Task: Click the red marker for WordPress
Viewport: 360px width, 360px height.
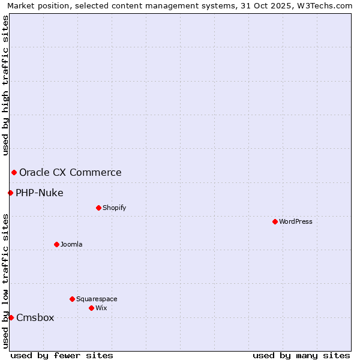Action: [x=275, y=221]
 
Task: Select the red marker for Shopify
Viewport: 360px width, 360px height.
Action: [x=98, y=208]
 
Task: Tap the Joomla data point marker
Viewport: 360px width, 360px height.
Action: [x=56, y=244]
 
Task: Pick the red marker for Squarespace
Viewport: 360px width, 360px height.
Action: [x=72, y=299]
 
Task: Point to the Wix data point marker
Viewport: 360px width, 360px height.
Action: [x=91, y=308]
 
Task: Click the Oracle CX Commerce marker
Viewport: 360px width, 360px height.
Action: [x=14, y=173]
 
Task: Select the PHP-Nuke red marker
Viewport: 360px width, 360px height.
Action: [x=10, y=193]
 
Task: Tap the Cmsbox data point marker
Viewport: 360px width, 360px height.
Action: [x=11, y=317]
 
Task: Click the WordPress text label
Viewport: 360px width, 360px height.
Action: [x=296, y=221]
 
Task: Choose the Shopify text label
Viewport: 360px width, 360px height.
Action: [x=115, y=208]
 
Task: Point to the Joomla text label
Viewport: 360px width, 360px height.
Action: [x=71, y=244]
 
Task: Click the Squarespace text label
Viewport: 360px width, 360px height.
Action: [x=97, y=299]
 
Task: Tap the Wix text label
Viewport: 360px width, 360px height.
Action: [x=101, y=308]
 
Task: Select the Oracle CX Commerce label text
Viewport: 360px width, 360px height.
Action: [x=70, y=173]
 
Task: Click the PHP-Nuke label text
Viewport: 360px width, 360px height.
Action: [x=40, y=193]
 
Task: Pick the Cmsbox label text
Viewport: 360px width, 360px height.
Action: [x=35, y=317]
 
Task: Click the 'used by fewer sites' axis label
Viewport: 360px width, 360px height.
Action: [x=62, y=355]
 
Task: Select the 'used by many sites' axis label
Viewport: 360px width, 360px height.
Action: [x=301, y=355]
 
